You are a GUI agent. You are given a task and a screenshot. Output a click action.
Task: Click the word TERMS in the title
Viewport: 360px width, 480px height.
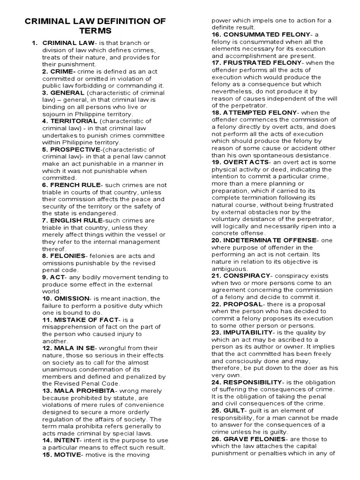95,31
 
